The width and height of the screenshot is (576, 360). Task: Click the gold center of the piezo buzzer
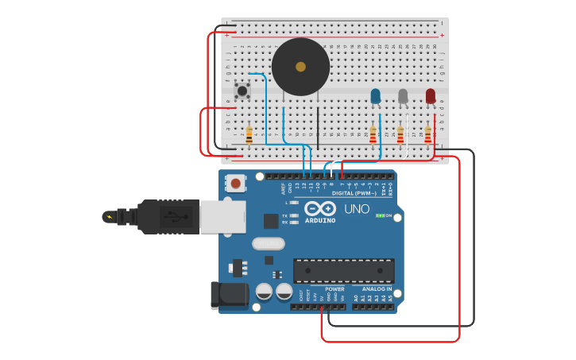[x=300, y=67]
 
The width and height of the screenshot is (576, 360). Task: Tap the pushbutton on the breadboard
[x=242, y=90]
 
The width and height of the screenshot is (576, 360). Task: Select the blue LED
[x=376, y=96]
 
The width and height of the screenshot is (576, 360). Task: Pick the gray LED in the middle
[x=403, y=96]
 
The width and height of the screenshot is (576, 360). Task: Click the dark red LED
[x=431, y=96]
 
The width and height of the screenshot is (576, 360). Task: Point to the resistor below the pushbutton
[x=249, y=136]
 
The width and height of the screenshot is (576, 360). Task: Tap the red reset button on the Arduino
[x=235, y=184]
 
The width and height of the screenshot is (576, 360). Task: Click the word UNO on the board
[x=357, y=209]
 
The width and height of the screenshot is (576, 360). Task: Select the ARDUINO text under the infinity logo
[x=320, y=220]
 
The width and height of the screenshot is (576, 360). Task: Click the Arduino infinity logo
[x=320, y=208]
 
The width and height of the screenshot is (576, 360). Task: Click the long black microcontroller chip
[x=343, y=270]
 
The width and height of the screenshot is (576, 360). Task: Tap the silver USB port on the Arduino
[x=222, y=216]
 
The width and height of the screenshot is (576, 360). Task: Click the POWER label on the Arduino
[x=334, y=289]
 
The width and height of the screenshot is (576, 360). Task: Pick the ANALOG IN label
[x=377, y=289]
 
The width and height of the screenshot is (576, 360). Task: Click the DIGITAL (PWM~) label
[x=354, y=193]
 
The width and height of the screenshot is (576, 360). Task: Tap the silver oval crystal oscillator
[x=268, y=244]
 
